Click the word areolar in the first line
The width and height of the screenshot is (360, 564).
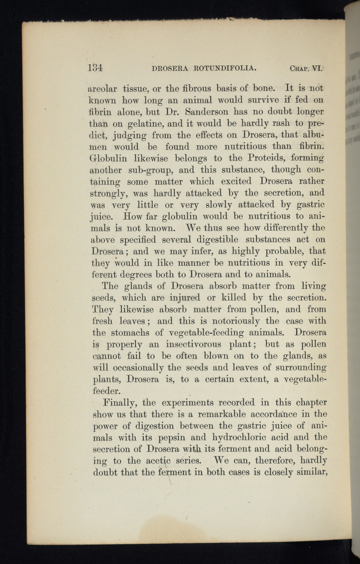pos(103,89)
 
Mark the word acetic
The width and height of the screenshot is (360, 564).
pos(158,461)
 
